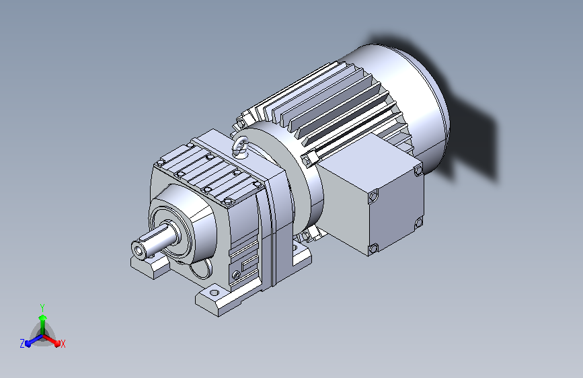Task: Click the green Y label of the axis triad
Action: [42, 307]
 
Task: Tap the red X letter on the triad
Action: [63, 344]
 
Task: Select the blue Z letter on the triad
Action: [22, 344]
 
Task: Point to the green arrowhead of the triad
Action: [43, 317]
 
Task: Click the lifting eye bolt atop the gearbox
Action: [240, 145]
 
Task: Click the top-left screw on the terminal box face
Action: [373, 196]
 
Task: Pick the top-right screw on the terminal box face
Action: [418, 170]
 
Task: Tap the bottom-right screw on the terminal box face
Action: [418, 223]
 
